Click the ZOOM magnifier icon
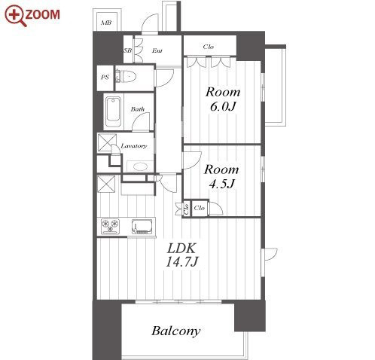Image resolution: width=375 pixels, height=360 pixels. (x=14, y=15)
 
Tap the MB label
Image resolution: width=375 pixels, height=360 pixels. (x=106, y=23)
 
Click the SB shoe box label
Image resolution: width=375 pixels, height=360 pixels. (x=128, y=50)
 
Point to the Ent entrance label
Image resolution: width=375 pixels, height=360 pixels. (x=157, y=50)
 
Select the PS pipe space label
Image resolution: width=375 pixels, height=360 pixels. (x=105, y=77)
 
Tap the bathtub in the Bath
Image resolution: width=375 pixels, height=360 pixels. (x=113, y=112)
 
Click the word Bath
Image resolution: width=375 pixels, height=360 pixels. (x=138, y=109)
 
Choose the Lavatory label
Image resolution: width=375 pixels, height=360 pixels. (x=134, y=145)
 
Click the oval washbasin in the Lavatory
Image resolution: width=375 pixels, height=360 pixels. (x=140, y=166)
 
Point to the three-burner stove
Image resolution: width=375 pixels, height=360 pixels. (x=111, y=226)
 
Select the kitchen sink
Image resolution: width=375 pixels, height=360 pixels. (x=142, y=227)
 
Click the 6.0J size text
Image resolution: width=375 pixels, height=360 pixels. (x=223, y=107)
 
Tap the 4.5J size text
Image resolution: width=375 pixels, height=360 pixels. (x=222, y=184)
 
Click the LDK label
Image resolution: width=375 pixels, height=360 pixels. (x=181, y=249)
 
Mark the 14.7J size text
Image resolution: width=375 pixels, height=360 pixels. (x=182, y=261)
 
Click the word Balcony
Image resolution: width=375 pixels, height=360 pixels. (x=176, y=331)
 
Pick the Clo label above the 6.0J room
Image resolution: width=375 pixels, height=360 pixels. (x=209, y=47)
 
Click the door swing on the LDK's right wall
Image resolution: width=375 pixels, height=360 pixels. (x=270, y=255)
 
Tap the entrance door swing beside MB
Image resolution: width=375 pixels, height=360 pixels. (x=150, y=23)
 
